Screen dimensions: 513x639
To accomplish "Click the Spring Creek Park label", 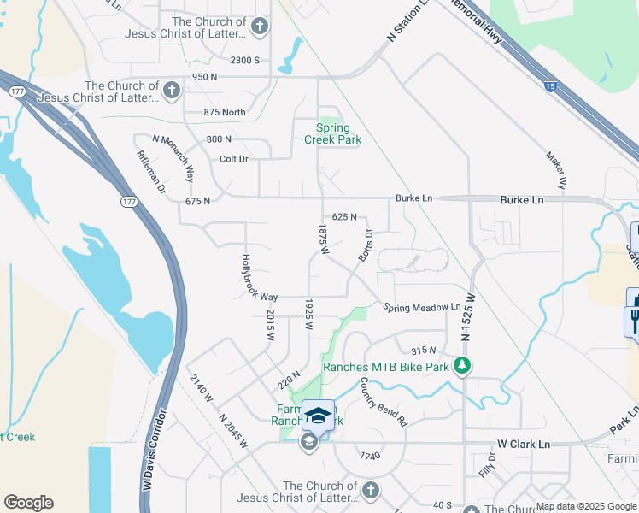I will click(333, 133).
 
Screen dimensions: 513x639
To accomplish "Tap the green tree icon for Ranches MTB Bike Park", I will click(462, 366).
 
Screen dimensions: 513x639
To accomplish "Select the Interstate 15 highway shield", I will click(551, 85).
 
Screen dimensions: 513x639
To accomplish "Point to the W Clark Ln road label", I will click(524, 445).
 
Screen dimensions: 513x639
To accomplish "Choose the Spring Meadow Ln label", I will click(421, 307).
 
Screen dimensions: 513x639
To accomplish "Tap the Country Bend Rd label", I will click(384, 402).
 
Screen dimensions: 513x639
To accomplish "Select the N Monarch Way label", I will click(173, 157).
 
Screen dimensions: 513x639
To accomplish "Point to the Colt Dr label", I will click(233, 159).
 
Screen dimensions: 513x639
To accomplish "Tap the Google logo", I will click(28, 503).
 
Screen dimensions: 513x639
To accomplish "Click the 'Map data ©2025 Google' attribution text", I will click(585, 506).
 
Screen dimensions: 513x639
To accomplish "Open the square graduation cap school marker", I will click(318, 416).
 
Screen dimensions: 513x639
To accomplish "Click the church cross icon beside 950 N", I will click(171, 91).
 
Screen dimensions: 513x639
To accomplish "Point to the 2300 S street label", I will click(244, 60).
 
